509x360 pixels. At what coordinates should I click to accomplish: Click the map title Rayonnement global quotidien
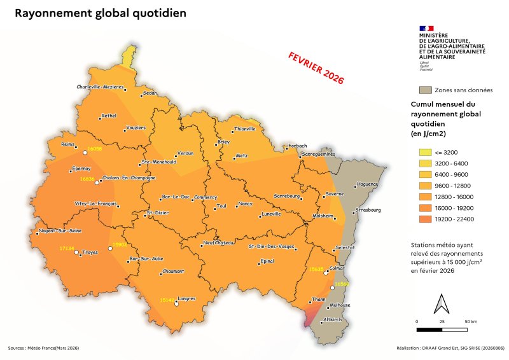pos(101,13)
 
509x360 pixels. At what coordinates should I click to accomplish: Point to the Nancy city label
pos(245,204)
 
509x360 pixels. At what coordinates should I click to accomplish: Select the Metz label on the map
pos(241,155)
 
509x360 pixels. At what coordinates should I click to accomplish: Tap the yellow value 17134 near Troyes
pos(67,247)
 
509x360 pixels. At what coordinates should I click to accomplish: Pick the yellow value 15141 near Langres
pos(167,299)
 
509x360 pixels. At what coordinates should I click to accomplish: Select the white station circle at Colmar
pos(326,273)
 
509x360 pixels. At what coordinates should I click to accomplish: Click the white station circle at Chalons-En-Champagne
pos(97,183)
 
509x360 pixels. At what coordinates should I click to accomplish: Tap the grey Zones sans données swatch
pos(425,90)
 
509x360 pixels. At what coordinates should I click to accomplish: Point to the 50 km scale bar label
pos(472,322)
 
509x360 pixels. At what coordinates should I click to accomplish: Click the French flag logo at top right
pos(426,28)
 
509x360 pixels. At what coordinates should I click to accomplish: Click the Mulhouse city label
pos(340,305)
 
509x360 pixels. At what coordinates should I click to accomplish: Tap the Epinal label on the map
pos(267,261)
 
